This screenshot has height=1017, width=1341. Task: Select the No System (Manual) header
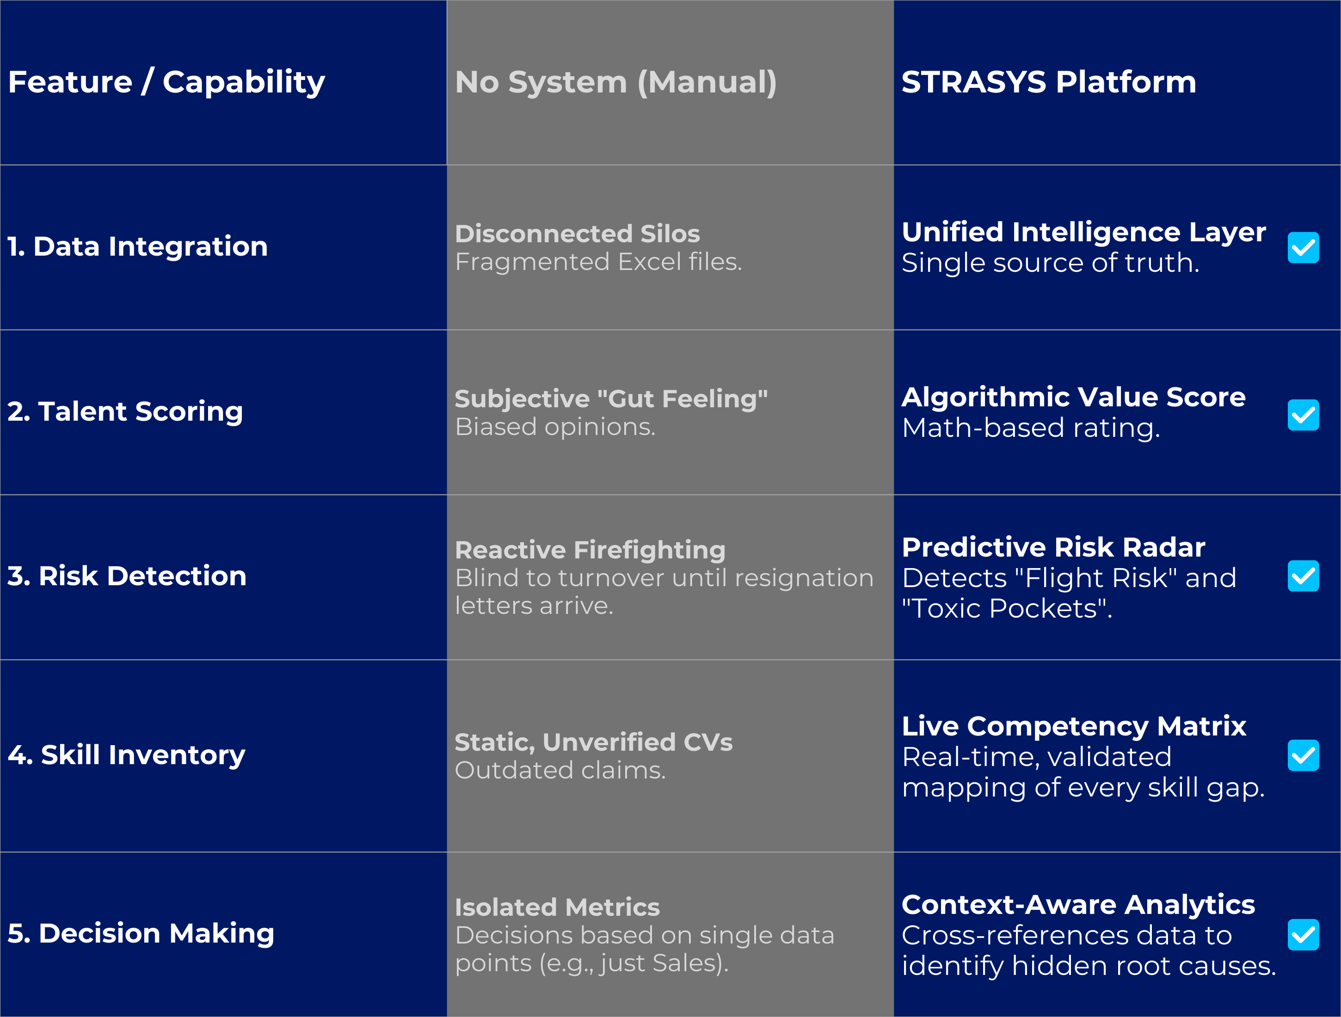click(615, 82)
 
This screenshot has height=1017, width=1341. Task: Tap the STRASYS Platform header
click(1049, 82)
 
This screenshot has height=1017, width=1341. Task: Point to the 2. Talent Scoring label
click(125, 411)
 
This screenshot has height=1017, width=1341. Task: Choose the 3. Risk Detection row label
click(127, 576)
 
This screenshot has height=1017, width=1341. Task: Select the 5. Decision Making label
click(141, 933)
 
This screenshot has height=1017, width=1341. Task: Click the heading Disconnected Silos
click(577, 233)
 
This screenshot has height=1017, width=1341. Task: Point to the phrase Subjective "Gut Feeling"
click(611, 399)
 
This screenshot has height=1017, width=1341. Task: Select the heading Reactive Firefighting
click(590, 550)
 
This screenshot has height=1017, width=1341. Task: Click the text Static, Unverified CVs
click(593, 742)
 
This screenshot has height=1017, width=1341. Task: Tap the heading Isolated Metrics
click(557, 907)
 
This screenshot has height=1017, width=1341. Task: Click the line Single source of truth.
click(1050, 263)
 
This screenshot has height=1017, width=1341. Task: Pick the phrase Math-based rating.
click(1031, 428)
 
